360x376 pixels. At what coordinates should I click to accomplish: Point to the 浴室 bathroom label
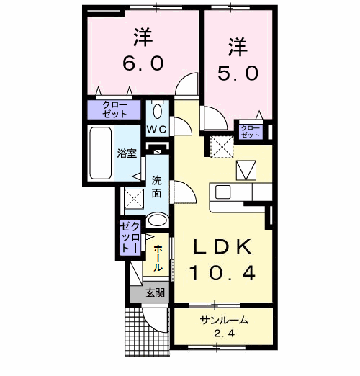(x=127, y=153)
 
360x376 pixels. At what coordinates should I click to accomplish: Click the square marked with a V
(x=246, y=170)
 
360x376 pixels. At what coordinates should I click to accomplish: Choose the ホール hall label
(x=158, y=256)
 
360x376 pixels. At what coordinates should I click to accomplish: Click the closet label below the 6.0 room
(x=115, y=109)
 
